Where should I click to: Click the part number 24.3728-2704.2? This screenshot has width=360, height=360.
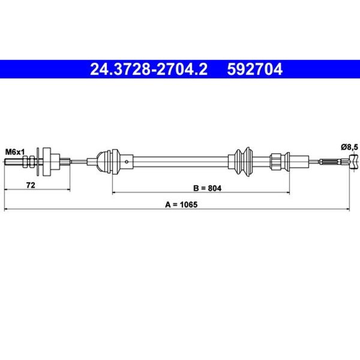pos(149,70)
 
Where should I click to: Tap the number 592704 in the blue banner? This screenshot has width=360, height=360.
pos(254,70)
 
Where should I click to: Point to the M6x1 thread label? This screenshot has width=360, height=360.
pos(15,152)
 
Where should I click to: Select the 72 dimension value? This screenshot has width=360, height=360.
pos(31,185)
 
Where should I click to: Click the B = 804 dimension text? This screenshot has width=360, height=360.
pos(208,188)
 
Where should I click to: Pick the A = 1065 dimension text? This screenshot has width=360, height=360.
pos(181,205)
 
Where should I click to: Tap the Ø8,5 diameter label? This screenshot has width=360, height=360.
pos(349,147)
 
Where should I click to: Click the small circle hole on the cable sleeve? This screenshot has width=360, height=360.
pos(127,162)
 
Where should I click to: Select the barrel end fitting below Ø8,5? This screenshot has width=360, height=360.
pos(353,162)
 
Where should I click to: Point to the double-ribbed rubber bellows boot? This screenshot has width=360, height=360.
pos(244,162)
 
